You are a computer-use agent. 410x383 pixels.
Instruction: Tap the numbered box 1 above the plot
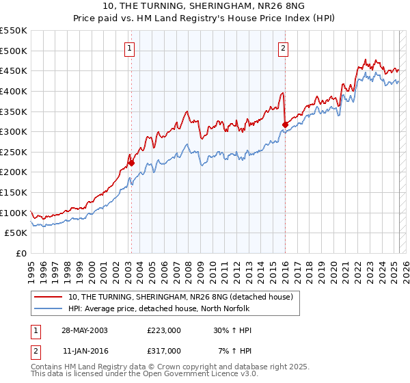coord(130,48)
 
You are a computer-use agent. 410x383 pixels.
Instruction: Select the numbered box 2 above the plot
coord(283,48)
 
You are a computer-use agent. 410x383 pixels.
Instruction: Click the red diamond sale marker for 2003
coord(132,163)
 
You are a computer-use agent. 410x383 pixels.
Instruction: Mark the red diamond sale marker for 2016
coord(285,124)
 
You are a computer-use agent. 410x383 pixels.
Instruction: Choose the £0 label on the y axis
coord(20,253)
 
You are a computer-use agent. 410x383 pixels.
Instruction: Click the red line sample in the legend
coord(50,296)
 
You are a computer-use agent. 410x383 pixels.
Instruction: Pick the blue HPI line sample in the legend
coord(50,308)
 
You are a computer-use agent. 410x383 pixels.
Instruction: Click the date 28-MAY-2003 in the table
coord(85,330)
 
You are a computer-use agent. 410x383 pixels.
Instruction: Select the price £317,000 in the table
coord(164,350)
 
